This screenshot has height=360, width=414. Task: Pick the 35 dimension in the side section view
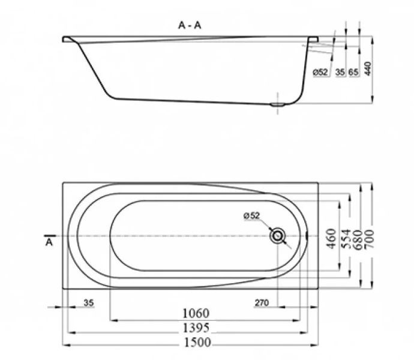[340, 72]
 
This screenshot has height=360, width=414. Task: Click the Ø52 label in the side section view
[320, 72]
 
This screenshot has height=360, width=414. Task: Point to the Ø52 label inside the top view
[251, 216]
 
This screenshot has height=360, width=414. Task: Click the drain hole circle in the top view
[277, 236]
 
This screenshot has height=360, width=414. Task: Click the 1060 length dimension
[195, 314]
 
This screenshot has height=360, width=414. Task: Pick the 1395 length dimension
[195, 328]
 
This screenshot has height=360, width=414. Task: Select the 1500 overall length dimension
[196, 343]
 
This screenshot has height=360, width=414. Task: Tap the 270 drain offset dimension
[261, 303]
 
